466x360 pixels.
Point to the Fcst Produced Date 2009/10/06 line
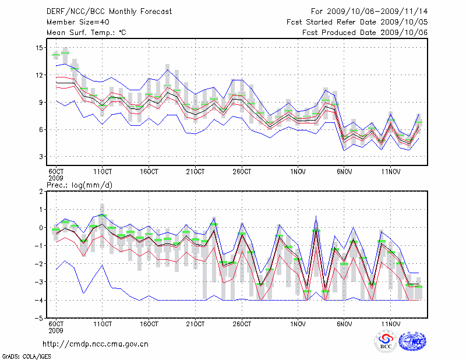click(x=365, y=33)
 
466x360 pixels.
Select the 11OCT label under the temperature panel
click(x=102, y=172)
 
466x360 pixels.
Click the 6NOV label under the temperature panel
click(x=344, y=172)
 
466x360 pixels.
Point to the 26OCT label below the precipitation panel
click(x=242, y=323)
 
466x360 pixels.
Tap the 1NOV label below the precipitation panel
click(x=298, y=323)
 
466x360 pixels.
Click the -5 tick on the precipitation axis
click(x=39, y=319)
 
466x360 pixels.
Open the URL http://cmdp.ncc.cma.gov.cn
click(x=96, y=344)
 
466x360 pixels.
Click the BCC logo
click(x=386, y=342)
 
